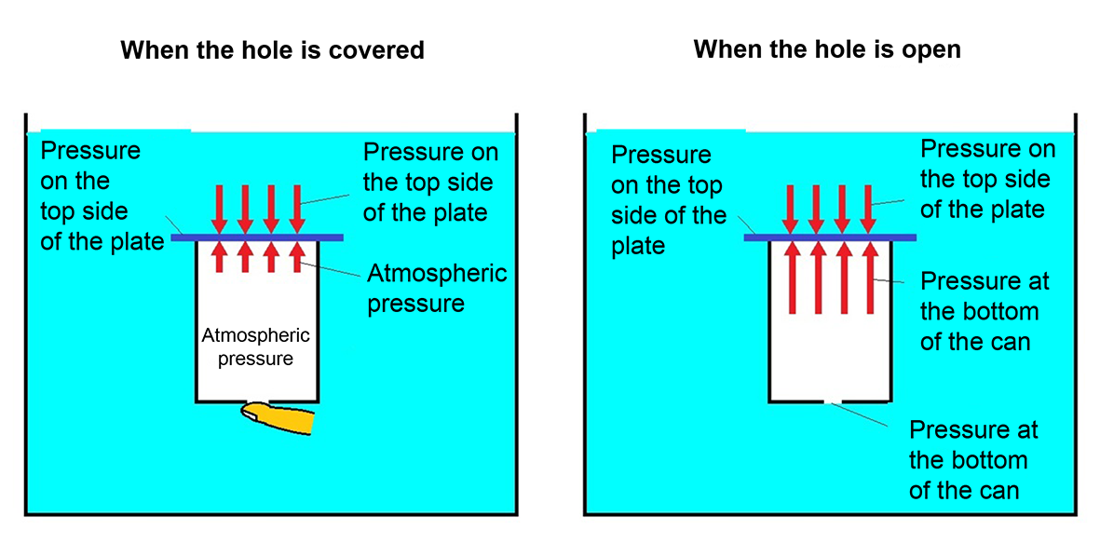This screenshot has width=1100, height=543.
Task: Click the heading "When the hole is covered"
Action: pyautogui.click(x=272, y=49)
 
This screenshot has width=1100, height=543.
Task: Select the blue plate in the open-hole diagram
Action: pyautogui.click(x=830, y=238)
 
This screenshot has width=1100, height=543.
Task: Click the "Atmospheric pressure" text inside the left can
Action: pyautogui.click(x=255, y=346)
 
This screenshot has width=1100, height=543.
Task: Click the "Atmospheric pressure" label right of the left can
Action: pyautogui.click(x=437, y=288)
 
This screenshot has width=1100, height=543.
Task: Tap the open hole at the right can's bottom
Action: pyautogui.click(x=833, y=402)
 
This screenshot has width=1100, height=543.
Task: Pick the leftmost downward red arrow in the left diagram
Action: pyautogui.click(x=220, y=208)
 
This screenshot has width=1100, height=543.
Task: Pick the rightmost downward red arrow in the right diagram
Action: pyautogui.click(x=868, y=208)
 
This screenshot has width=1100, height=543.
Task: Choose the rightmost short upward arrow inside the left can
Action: pyautogui.click(x=297, y=257)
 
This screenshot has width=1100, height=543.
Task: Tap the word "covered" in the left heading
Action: pyautogui.click(x=376, y=49)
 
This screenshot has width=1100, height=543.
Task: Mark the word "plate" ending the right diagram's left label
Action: pyautogui.click(x=638, y=245)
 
